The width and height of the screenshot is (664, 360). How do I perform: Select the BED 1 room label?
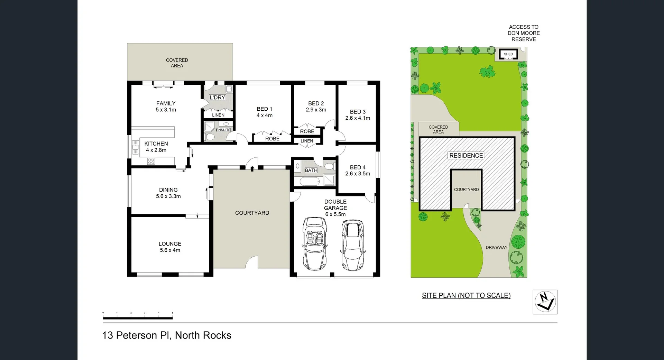tap(265, 109)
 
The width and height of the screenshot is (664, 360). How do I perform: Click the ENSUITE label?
tap(223, 130)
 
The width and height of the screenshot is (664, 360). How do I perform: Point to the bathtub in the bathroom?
tap(310, 182)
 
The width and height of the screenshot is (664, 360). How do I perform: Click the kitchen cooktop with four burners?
tap(151, 161)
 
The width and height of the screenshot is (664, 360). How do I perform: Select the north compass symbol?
tap(545, 302)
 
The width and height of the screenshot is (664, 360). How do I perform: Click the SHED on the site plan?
tap(508, 54)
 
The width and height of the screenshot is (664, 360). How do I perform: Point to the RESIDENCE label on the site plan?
tap(466, 156)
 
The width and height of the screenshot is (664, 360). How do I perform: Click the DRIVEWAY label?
tap(496, 247)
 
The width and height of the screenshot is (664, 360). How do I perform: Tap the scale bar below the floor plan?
tap(138, 317)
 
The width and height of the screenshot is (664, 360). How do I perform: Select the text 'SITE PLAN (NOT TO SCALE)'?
tap(466, 295)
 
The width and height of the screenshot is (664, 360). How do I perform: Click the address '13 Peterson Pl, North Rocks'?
tap(167, 335)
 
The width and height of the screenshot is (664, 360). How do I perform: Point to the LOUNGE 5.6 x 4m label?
tap(170, 247)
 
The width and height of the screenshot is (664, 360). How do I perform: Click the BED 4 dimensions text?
tap(358, 174)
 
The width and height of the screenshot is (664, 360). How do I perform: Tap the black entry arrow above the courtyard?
tap(252, 168)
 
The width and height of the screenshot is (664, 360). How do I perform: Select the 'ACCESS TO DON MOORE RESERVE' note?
tap(524, 33)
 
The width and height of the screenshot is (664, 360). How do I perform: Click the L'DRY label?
tap(217, 98)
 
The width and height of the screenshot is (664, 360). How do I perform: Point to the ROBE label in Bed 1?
tap(272, 139)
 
